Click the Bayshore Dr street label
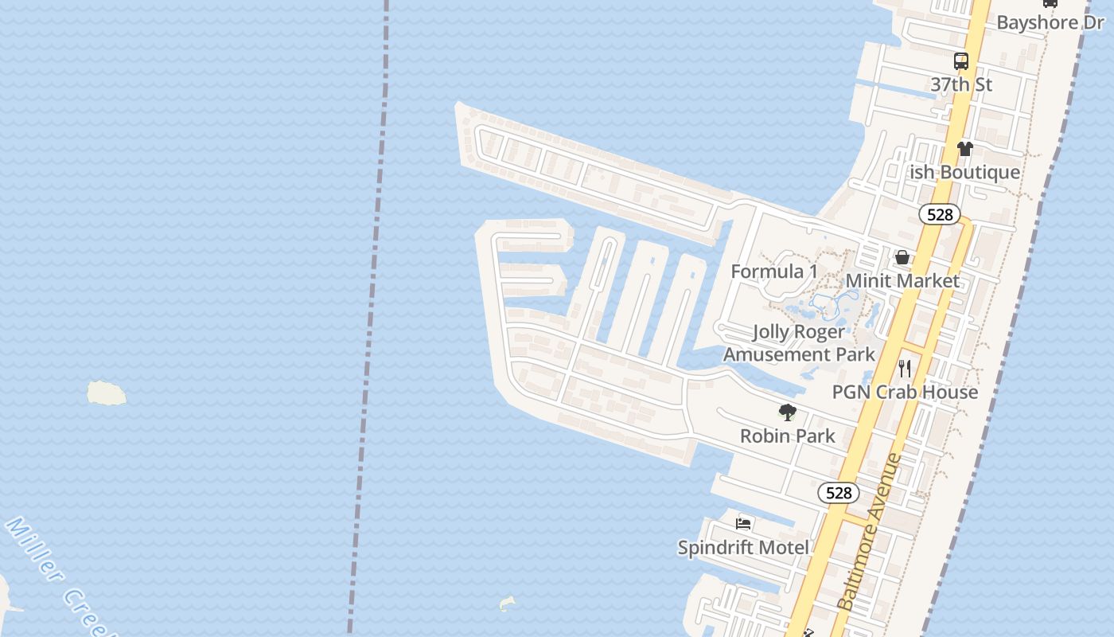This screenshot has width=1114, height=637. pos(1050,22)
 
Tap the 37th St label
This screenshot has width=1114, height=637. pos(961,84)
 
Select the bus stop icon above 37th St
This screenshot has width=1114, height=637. pos(961,61)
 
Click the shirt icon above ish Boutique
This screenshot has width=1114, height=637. pos(965,149)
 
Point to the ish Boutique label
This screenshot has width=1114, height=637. pos(964,172)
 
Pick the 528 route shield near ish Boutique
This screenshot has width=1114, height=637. pos(940,214)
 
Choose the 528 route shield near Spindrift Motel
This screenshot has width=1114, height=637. pos(839,493)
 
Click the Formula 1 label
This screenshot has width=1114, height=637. pos(774,272)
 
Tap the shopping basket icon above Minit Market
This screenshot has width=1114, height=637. pos(902,257)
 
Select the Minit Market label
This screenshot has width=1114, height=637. pos(902,281)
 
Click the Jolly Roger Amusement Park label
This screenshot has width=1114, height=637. pos(799,343)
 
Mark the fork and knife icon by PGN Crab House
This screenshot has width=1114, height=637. pos(905,368)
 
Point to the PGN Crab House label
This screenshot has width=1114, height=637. pos(905,392)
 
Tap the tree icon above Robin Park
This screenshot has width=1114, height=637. pos(788,412)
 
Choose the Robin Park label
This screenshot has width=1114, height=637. pos(788,436)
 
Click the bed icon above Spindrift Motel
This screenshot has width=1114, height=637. pos(743,524)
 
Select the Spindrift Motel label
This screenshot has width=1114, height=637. pos(743,547)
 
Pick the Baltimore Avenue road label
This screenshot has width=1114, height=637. pos(871,532)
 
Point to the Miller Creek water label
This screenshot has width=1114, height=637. pos(56,575)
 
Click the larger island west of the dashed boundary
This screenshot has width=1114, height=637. pos(106,393)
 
